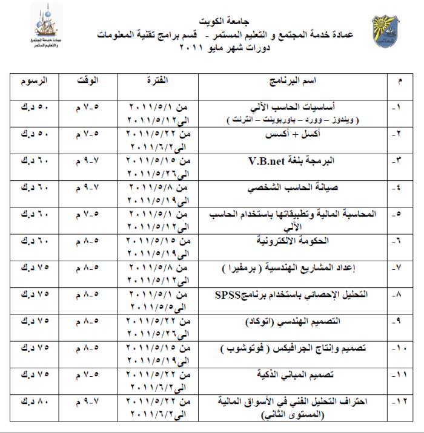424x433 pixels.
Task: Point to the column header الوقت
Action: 89,81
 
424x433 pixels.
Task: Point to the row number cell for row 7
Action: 399,269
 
